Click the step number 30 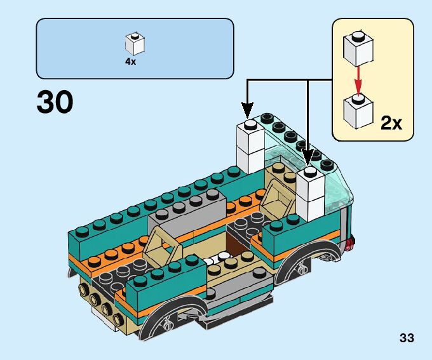[55, 102]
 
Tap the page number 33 [407, 338]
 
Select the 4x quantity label [130, 62]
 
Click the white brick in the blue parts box [134, 43]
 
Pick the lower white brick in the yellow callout [358, 110]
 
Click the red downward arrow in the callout [358, 79]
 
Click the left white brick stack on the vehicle [250, 146]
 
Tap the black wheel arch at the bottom [170, 317]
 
